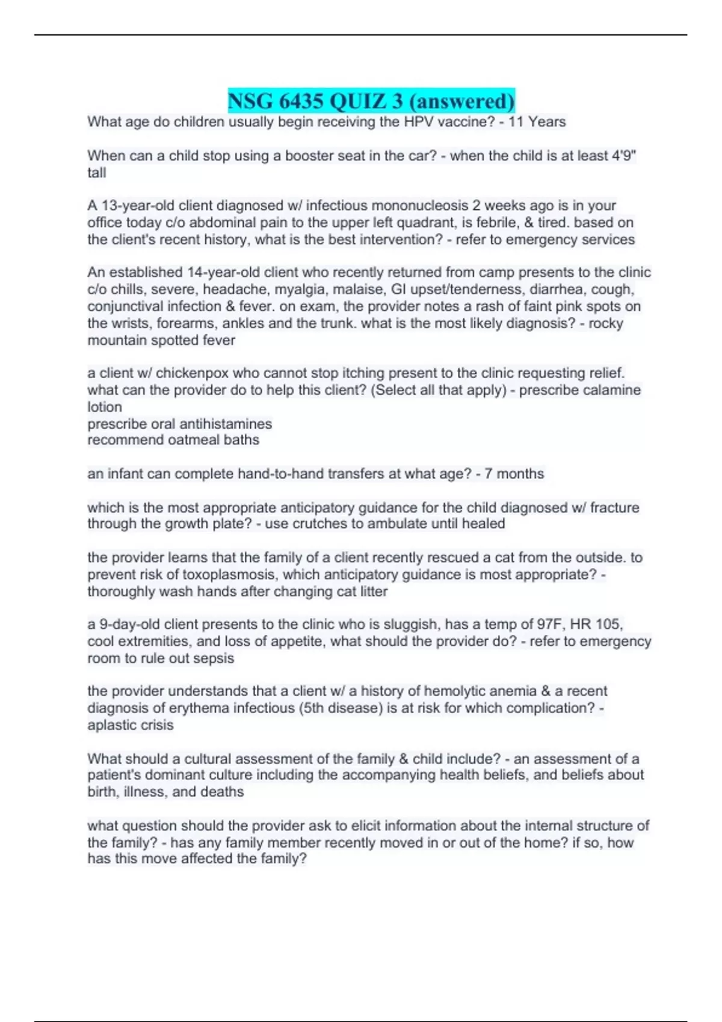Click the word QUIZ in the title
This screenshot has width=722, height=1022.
coord(366,100)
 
